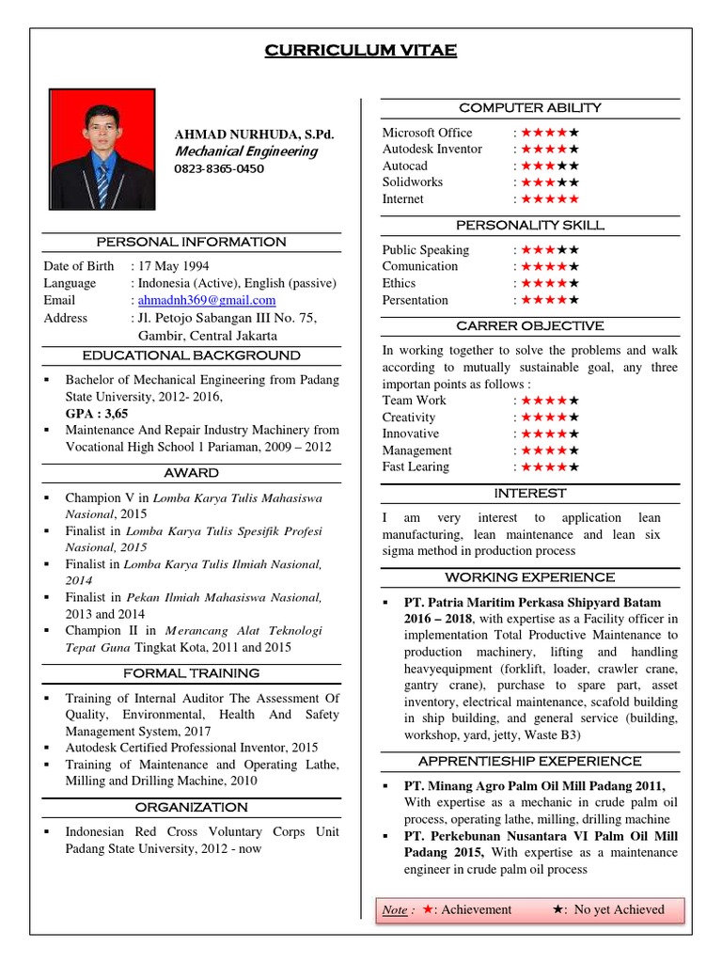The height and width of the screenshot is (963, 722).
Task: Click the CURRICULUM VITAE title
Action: tap(360, 51)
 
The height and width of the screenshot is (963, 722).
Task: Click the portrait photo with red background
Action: tap(102, 150)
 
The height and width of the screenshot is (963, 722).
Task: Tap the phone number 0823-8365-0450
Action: tap(219, 168)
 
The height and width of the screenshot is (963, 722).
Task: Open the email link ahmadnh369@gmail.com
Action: tap(207, 300)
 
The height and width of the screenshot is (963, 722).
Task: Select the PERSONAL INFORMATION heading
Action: tap(191, 242)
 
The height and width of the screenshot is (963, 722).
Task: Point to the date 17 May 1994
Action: tap(174, 266)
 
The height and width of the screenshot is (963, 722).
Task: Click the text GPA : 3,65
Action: tap(97, 413)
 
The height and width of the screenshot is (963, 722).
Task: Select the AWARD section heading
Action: tap(191, 473)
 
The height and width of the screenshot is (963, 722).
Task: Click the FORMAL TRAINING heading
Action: tap(191, 673)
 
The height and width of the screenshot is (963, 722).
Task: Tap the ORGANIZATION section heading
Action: tap(191, 807)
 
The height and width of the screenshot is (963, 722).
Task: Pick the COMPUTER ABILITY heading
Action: tap(529, 107)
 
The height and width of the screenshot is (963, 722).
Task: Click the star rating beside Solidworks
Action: tap(550, 182)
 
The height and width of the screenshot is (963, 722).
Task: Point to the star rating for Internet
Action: tap(550, 199)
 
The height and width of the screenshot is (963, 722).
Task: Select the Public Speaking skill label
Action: tap(425, 250)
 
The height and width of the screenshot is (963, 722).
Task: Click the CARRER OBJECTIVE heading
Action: tap(529, 325)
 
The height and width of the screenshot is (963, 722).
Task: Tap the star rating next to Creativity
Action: tap(550, 418)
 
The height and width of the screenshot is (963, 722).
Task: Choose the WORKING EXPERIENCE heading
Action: tap(529, 576)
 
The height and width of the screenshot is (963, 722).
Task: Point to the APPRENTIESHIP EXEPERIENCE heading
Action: tap(529, 761)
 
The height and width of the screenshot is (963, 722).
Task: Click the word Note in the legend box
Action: tap(395, 910)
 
